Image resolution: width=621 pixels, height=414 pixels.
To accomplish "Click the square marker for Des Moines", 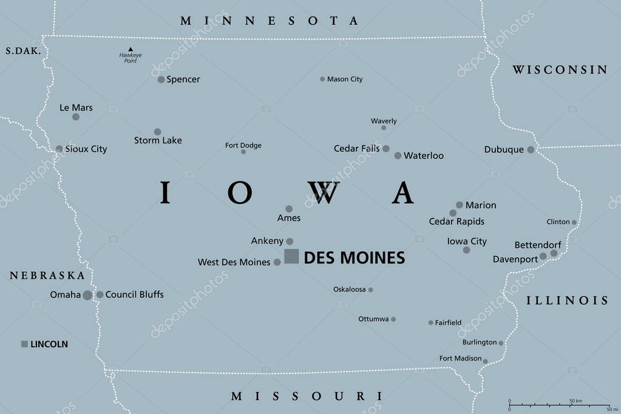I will click(x=291, y=256).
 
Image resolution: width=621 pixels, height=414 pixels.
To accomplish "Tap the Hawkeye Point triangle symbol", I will click(x=130, y=49).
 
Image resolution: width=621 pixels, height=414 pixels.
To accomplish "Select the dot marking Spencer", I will click(x=161, y=80).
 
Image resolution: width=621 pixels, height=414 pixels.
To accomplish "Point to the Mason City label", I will click(x=344, y=80).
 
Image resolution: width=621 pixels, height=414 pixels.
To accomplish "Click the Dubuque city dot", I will click(x=531, y=149).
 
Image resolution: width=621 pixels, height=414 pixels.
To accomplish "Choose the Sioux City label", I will click(x=86, y=149).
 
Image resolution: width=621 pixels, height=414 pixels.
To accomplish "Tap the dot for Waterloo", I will click(x=398, y=156).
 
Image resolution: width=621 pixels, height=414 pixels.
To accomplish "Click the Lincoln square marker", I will click(x=24, y=344).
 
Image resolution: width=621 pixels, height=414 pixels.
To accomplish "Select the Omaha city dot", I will click(x=87, y=295).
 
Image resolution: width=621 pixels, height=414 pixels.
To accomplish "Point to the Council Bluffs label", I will click(x=134, y=294).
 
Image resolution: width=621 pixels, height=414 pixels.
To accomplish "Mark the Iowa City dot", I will click(x=466, y=250).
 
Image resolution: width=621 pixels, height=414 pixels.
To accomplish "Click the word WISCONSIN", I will click(x=560, y=70).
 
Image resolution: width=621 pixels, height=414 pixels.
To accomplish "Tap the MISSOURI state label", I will click(x=307, y=396).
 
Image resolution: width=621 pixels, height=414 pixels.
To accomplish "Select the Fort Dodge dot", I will click(x=243, y=152).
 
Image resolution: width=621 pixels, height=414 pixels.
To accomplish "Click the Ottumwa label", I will click(x=373, y=319).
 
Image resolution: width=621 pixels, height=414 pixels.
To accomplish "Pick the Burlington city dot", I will click(x=501, y=344).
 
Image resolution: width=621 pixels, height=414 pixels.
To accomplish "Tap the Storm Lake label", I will click(x=158, y=140).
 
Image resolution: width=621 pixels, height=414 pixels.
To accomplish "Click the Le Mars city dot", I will click(x=76, y=117).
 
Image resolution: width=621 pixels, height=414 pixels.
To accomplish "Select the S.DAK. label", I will click(x=23, y=52).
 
